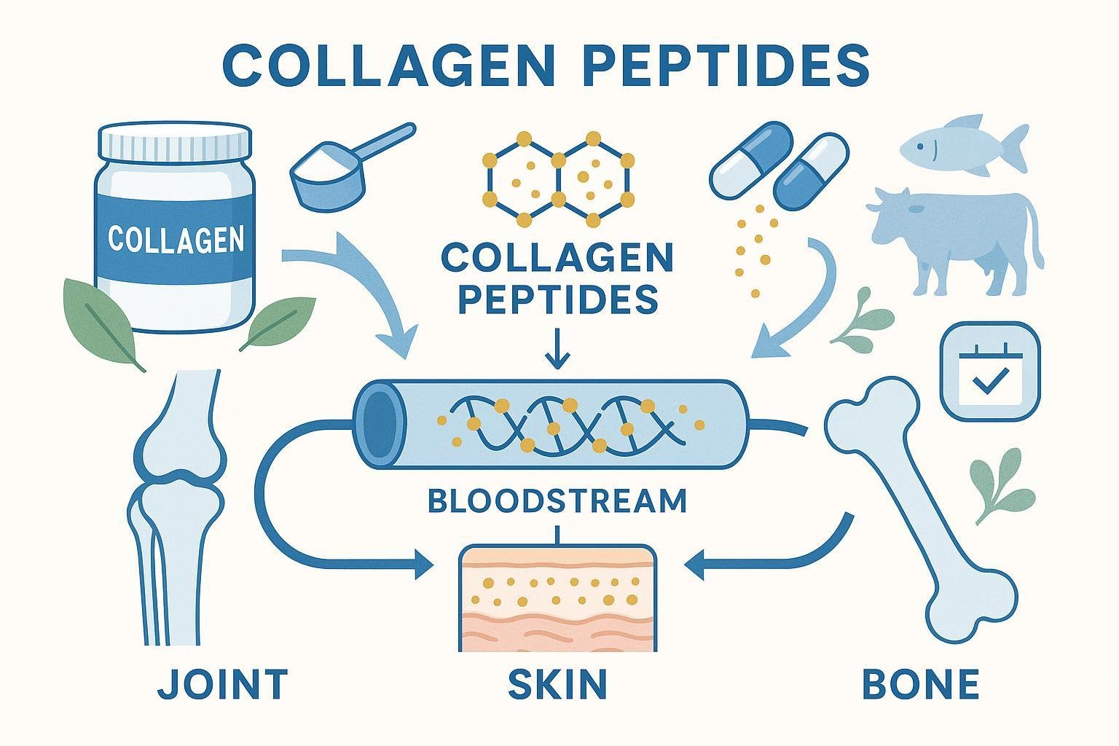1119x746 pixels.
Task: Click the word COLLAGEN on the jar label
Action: pos(176,239)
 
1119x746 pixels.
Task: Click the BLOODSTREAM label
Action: pos(557,500)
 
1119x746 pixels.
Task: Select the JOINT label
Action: pos(223,684)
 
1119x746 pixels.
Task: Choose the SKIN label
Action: pos(557,684)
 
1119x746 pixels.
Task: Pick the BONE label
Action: pos(920,684)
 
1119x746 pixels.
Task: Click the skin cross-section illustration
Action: pos(557,597)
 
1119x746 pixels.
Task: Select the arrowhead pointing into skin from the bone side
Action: pos(696,564)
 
